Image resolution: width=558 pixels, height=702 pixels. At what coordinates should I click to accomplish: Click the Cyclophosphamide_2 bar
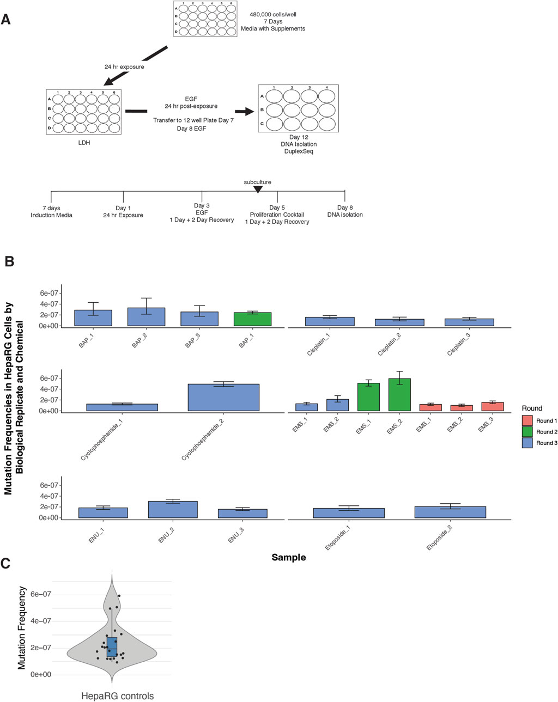click(223, 398)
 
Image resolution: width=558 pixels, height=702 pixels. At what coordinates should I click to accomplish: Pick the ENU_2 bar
click(173, 510)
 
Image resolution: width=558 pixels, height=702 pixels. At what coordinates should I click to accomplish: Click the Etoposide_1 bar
click(349, 513)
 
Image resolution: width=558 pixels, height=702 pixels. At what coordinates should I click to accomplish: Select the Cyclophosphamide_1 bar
click(122, 407)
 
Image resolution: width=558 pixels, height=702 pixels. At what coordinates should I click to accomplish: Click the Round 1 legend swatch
click(527, 421)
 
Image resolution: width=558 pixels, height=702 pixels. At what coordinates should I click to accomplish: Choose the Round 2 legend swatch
click(527, 432)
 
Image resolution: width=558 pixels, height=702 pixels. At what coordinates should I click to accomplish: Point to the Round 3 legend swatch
click(527, 443)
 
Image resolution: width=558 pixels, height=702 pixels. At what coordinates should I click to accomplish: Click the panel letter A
click(6, 20)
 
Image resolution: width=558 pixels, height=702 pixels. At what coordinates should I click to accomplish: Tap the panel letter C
click(6, 563)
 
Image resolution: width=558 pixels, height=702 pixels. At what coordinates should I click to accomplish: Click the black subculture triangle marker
click(258, 189)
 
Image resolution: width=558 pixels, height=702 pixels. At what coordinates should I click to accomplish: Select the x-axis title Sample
click(288, 557)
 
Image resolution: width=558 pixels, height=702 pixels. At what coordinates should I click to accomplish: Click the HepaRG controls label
click(117, 696)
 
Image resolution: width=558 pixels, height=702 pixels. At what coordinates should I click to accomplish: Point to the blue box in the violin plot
click(112, 646)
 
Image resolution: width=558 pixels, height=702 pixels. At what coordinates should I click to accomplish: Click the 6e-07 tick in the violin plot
click(40, 594)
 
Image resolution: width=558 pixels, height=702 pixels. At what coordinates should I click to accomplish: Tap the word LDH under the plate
click(84, 143)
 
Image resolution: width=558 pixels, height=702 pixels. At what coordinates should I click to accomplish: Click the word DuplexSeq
click(298, 151)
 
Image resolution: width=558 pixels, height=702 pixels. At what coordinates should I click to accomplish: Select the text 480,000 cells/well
click(272, 14)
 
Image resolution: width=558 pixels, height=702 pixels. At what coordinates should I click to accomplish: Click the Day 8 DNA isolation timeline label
click(344, 211)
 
